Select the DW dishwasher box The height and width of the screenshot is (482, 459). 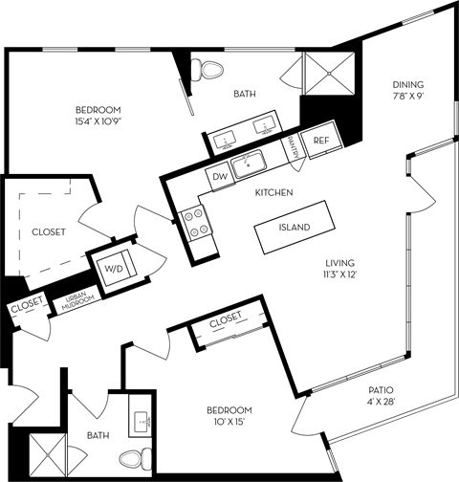(x=219, y=176)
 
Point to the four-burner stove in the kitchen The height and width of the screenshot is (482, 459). (x=196, y=222)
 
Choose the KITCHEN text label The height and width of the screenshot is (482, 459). (x=273, y=192)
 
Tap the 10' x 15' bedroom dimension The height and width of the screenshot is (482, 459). (x=229, y=423)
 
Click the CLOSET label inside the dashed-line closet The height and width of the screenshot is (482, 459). (x=48, y=231)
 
